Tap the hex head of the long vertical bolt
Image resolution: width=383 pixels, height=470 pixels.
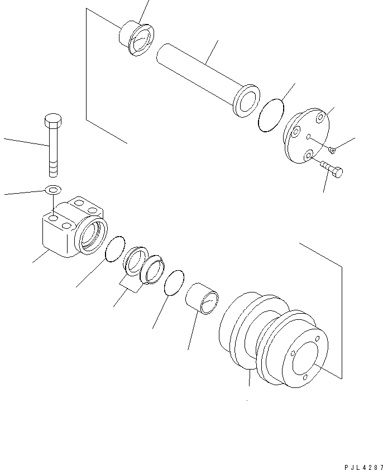click(52, 121)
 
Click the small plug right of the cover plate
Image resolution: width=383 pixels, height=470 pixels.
click(333, 149)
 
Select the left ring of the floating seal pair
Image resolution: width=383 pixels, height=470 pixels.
click(135, 260)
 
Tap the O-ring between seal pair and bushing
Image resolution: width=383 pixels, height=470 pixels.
click(175, 282)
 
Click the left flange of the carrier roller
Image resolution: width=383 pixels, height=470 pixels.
click(234, 329)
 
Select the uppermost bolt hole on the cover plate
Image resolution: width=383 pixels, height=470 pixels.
click(319, 118)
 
